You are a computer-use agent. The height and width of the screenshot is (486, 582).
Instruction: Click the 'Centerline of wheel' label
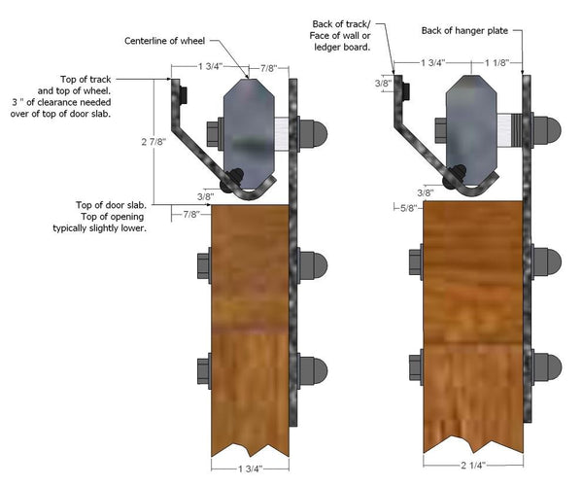point(164,41)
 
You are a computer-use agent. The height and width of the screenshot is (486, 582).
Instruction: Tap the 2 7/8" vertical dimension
point(154,142)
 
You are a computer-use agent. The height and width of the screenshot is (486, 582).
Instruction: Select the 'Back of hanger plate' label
point(464,30)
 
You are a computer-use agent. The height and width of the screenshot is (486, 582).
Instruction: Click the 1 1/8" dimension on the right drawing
point(497,63)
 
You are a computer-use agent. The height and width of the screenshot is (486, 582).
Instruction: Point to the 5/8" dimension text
point(408,208)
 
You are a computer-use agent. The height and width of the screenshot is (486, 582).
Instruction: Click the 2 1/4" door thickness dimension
point(473,466)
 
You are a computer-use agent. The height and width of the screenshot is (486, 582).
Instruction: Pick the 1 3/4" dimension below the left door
point(250,469)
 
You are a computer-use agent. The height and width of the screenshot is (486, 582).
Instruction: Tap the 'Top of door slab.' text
point(111,205)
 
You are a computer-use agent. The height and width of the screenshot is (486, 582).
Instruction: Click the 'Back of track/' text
point(341,24)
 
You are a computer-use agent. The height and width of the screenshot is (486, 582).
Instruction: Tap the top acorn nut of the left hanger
point(313,134)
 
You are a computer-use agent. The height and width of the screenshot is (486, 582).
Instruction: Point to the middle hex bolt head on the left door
point(204,265)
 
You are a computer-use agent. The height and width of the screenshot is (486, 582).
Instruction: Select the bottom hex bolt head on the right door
point(416,367)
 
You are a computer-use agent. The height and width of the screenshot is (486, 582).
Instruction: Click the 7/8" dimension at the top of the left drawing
point(268,68)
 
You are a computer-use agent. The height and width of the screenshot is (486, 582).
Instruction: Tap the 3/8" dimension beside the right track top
point(383,84)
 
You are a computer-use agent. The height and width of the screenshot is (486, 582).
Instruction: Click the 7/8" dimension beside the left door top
point(191,214)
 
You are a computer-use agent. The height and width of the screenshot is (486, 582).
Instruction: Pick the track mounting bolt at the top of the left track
point(184,94)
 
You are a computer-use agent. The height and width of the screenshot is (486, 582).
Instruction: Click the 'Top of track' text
point(86,80)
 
